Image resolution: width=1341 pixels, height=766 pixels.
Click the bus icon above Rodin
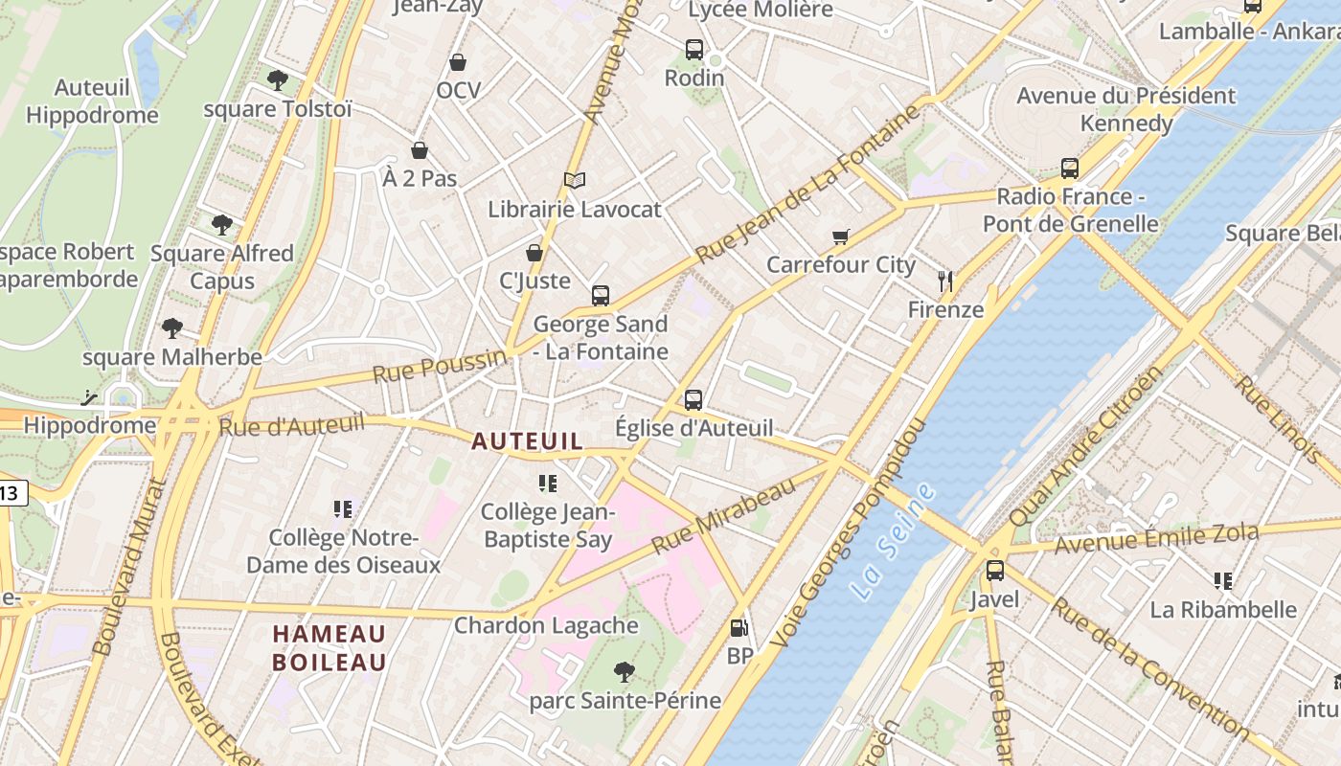(693, 50)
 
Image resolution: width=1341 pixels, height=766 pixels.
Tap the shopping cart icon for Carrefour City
(841, 237)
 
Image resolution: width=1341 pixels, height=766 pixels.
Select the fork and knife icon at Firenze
(945, 282)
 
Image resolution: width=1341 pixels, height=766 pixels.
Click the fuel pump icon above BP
(739, 628)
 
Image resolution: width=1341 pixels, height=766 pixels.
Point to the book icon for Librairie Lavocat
(574, 180)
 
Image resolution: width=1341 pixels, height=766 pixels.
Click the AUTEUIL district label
(527, 441)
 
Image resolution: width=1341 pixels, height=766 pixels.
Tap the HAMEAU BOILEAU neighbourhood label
(330, 648)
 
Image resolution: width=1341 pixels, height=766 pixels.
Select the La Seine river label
(892, 542)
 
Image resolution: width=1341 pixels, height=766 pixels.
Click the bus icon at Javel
(995, 571)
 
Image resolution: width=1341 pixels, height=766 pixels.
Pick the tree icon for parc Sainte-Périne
(625, 672)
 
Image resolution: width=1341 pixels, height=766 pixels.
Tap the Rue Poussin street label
(439, 366)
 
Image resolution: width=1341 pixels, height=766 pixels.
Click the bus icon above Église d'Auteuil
(693, 400)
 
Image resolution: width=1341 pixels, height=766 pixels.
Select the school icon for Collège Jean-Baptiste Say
(547, 484)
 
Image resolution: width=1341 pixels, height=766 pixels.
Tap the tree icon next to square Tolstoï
(278, 80)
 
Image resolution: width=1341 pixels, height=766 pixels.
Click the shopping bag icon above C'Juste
(534, 253)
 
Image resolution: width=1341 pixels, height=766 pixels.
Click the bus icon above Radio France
(1070, 169)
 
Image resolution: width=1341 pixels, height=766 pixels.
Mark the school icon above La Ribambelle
(1222, 581)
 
